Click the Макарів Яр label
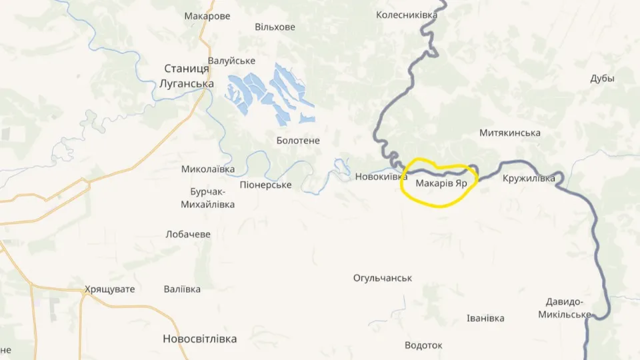click(x=441, y=183)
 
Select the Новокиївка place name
click(x=381, y=177)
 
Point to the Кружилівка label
click(x=529, y=178)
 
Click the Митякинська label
click(x=509, y=133)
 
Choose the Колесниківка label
click(x=407, y=15)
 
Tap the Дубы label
click(x=602, y=78)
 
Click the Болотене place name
click(x=298, y=141)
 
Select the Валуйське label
click(x=232, y=61)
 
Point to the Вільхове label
click(x=275, y=27)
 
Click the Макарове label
click(x=207, y=16)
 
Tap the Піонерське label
click(x=265, y=185)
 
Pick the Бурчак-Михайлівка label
click(x=207, y=198)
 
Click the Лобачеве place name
click(x=188, y=234)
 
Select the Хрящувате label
click(x=109, y=289)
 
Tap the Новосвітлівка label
click(x=199, y=339)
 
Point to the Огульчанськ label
click(x=383, y=277)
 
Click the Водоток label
click(x=423, y=345)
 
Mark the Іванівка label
click(x=485, y=318)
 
